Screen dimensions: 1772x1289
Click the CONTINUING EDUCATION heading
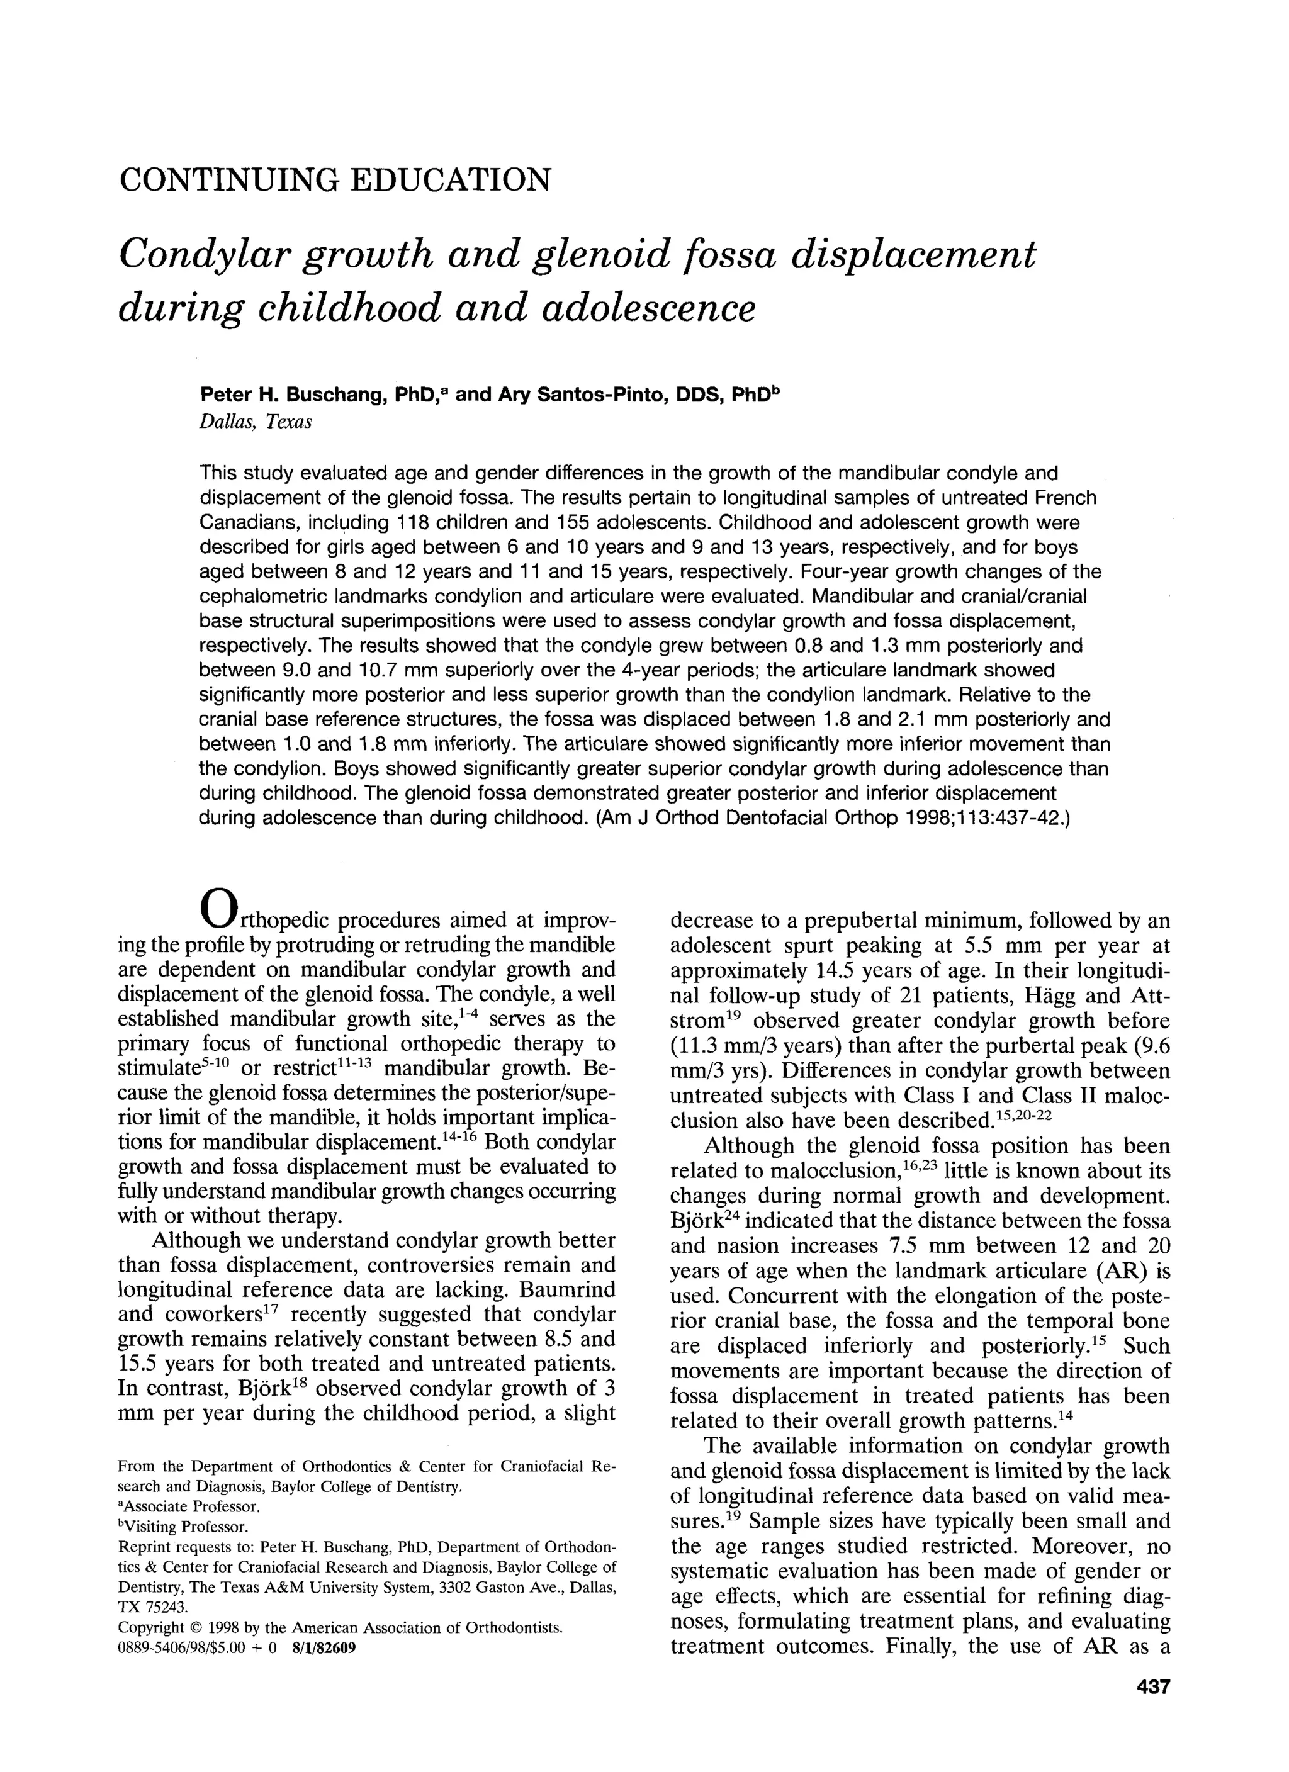click(x=335, y=180)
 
